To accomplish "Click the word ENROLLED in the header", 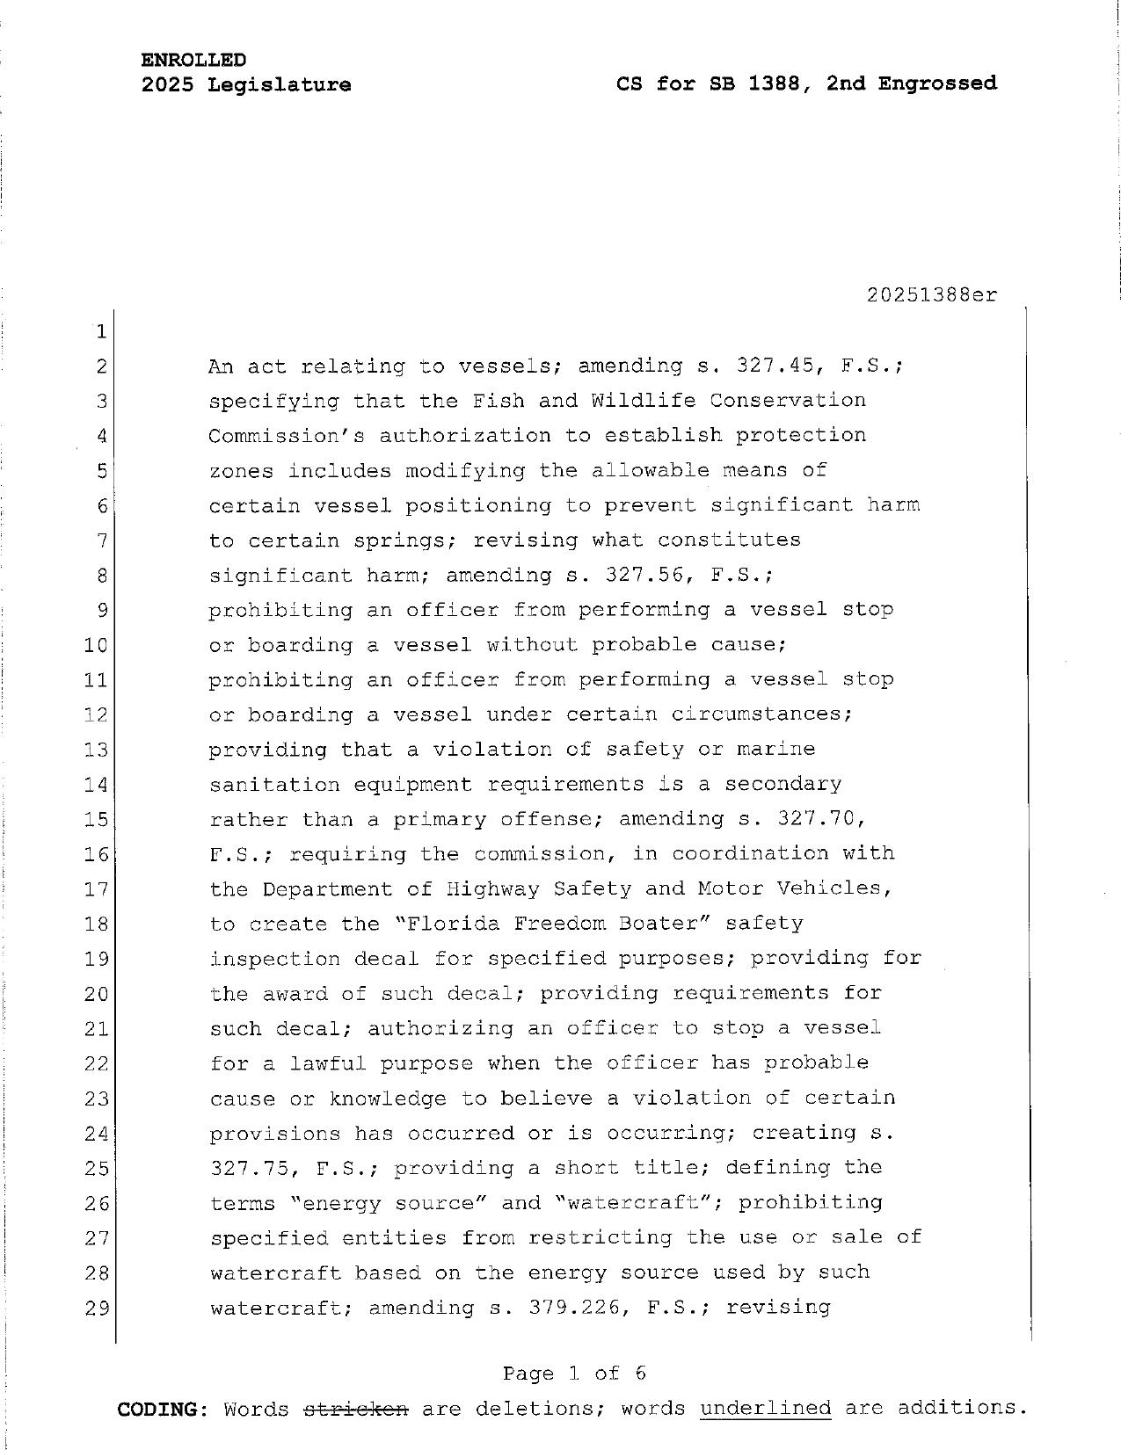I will pos(193,60).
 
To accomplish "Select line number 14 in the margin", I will pos(95,785).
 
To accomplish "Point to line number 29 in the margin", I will pos(95,1309).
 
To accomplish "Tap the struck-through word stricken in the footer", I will pos(355,1410).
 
